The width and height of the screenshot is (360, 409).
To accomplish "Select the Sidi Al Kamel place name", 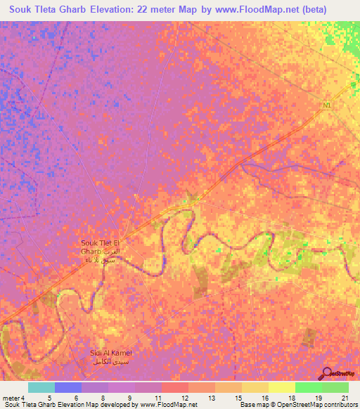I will coord(110,353).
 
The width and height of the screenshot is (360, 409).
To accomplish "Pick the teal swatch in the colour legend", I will coord(41,387).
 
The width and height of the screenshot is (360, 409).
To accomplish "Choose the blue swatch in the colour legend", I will coord(67,387).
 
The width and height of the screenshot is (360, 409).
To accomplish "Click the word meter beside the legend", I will coord(11,398).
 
